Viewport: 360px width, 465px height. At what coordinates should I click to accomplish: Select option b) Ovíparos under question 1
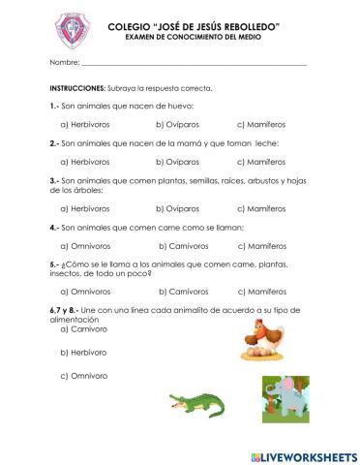[179, 124]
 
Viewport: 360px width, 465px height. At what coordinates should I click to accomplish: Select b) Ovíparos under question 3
[179, 208]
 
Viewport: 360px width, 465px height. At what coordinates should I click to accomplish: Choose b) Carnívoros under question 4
[181, 245]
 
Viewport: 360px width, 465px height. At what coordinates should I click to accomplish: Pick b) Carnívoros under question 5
[181, 291]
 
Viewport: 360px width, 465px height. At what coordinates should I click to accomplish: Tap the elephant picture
[286, 398]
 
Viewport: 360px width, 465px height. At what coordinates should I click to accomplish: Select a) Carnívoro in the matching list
[84, 328]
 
